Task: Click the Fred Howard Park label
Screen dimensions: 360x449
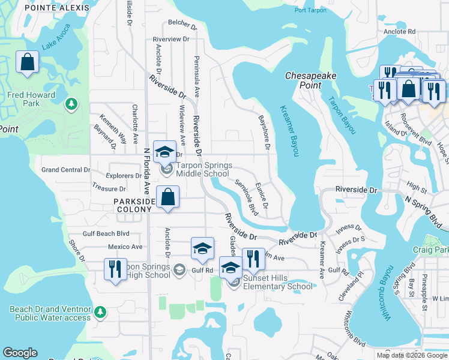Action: (31, 99)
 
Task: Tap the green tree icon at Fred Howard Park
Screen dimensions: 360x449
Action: (72, 105)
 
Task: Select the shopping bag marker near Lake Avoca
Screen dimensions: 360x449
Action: (28, 62)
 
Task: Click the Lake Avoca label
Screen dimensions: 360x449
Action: (56, 37)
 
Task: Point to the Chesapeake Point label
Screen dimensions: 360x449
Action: (310, 80)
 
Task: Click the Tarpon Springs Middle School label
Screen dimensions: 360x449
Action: (204, 170)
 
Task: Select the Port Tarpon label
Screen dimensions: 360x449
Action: (310, 11)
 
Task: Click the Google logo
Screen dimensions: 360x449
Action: (20, 353)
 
